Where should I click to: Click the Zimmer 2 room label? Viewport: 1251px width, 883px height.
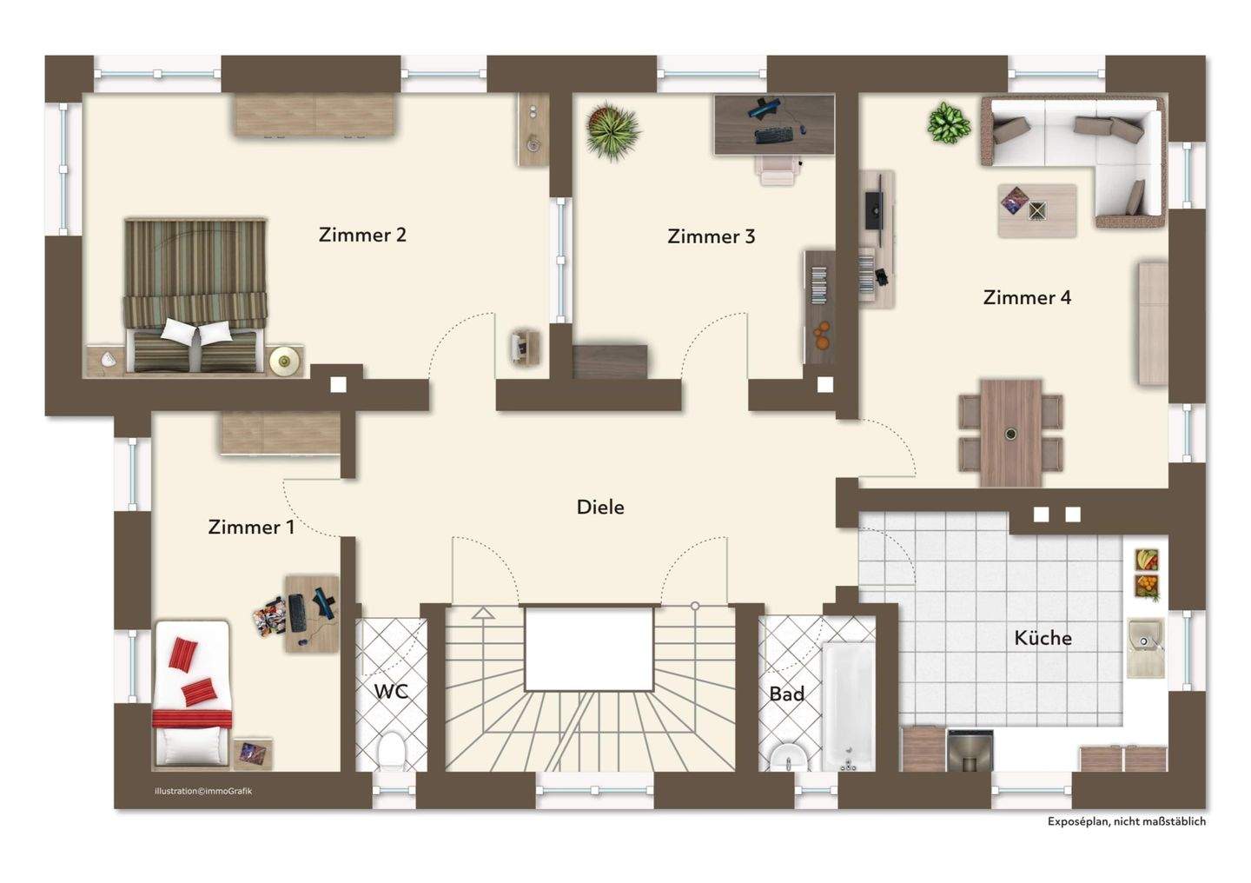(x=362, y=235)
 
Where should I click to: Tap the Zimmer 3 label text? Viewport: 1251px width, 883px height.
(x=711, y=236)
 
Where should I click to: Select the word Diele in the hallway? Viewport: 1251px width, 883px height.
(x=600, y=507)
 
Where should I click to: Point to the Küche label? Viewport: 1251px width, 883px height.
(x=1042, y=638)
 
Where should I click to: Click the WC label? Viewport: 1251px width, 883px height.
(x=391, y=691)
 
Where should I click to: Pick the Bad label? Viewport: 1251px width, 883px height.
(x=786, y=694)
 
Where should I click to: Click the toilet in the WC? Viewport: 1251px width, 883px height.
(x=392, y=753)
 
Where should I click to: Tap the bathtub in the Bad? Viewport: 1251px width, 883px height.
(x=848, y=706)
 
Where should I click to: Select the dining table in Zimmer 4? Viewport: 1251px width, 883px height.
(x=1011, y=434)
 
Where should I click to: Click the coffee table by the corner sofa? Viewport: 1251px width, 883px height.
(x=1037, y=210)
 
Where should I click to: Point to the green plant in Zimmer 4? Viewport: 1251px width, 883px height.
(x=948, y=123)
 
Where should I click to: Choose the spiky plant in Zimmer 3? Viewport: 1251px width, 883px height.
(x=612, y=132)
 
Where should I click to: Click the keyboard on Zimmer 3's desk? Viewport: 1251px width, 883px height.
(x=773, y=135)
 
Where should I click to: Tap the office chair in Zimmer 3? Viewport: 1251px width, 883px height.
(x=777, y=169)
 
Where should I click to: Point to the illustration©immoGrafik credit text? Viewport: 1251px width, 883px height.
(x=203, y=792)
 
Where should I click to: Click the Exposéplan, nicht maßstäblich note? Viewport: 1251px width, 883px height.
(x=1127, y=821)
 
